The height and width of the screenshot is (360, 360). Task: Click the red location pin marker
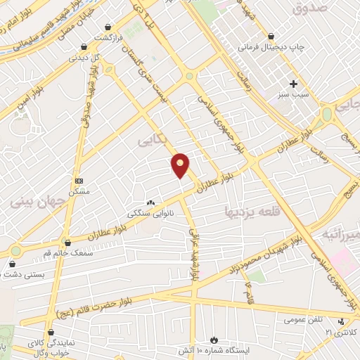coord(181,165)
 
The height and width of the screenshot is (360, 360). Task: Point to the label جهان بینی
coord(37,202)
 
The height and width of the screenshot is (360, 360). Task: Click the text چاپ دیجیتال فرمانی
coord(271,48)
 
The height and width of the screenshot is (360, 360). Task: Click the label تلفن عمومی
coord(303,319)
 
